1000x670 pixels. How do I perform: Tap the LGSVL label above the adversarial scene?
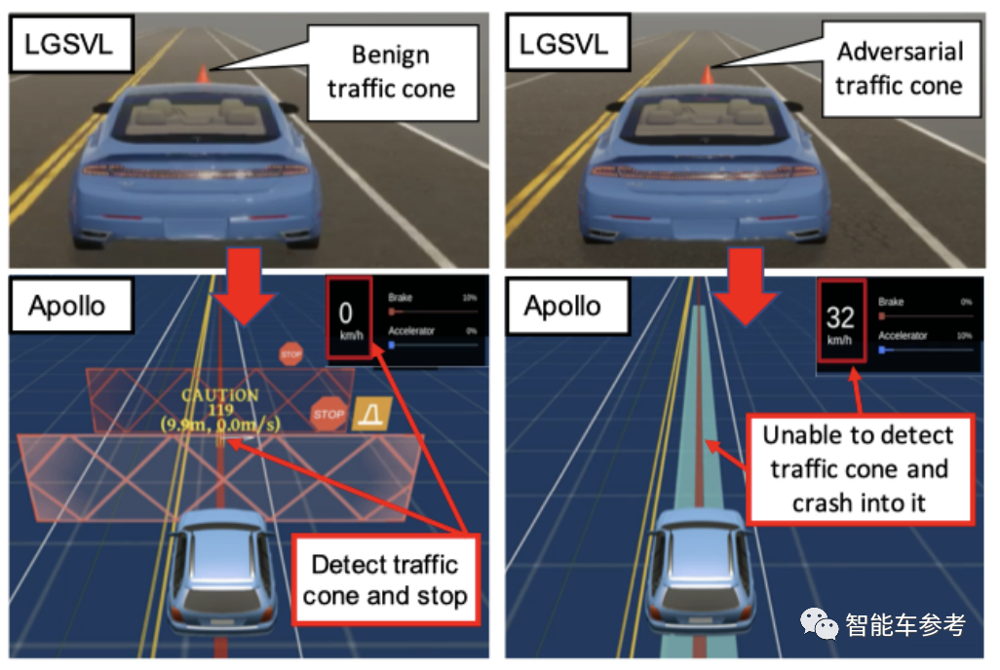coord(563,46)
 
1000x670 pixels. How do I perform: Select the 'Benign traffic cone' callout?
coord(390,71)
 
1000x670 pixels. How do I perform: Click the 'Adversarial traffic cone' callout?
coord(898,68)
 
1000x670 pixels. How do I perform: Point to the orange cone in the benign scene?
coord(203,75)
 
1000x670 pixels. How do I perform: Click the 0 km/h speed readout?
coord(348,316)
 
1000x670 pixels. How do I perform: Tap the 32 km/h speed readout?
coord(840,321)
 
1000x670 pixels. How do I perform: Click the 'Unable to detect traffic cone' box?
coord(859,469)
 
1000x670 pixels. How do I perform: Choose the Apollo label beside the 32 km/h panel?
coord(562,306)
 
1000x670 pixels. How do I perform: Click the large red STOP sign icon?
coord(328,415)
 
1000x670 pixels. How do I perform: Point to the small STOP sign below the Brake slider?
coord(290,354)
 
